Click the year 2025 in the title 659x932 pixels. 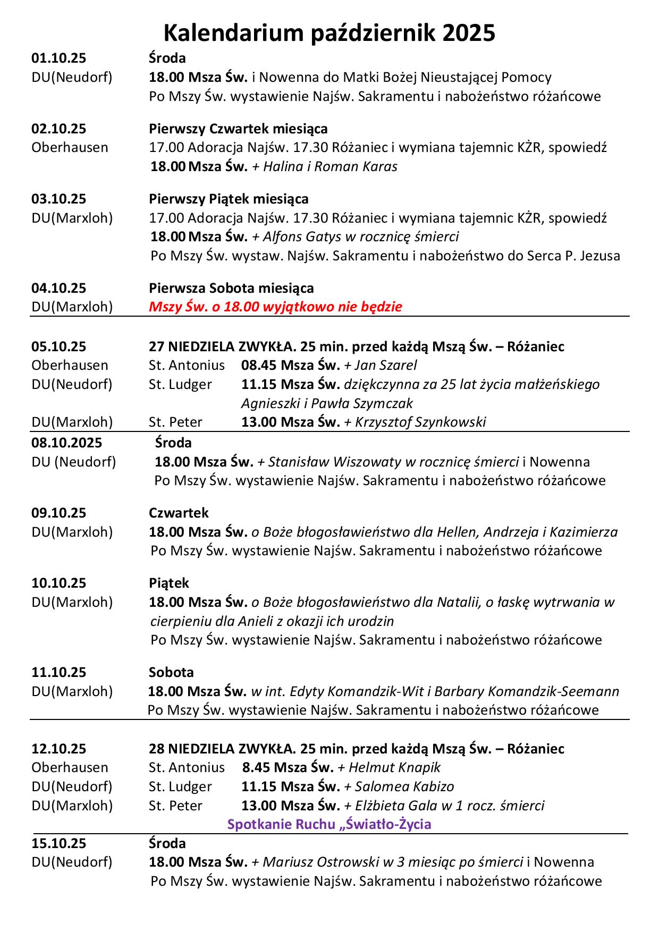point(468,33)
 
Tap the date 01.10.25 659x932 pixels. point(58,58)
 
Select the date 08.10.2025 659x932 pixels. point(67,443)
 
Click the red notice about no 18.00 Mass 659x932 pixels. point(275,307)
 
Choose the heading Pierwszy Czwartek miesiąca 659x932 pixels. point(238,129)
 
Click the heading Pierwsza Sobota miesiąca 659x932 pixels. point(231,288)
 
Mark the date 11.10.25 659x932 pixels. point(58,672)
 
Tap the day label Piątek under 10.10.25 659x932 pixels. point(168,583)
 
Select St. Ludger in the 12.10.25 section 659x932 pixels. point(180,786)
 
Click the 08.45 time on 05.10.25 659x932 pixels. point(259,365)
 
